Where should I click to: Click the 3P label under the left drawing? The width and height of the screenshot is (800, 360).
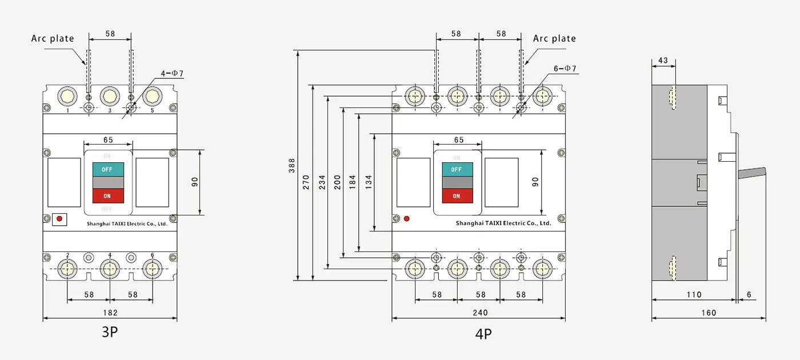(110, 332)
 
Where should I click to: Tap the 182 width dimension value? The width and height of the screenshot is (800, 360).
(110, 313)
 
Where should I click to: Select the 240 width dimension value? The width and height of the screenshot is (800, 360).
(480, 313)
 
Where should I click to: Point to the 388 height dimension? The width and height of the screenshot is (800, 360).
(293, 166)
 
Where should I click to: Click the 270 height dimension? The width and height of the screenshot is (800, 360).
(306, 182)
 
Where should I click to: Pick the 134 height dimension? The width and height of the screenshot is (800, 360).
(369, 182)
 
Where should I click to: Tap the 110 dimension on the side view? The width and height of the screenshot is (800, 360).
(693, 295)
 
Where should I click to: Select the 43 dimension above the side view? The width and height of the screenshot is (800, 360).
(663, 61)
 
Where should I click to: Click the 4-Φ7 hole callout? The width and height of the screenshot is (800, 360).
(172, 73)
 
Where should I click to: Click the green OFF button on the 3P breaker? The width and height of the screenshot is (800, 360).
(107, 170)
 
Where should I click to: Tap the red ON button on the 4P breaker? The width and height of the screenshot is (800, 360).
(457, 196)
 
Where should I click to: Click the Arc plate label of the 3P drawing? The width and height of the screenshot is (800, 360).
(53, 38)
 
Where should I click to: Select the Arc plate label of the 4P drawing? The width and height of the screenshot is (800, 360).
(554, 38)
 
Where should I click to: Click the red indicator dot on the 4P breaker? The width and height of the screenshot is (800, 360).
(406, 218)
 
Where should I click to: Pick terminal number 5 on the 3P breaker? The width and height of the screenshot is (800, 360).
(152, 110)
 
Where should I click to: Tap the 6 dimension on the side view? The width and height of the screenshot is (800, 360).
(749, 295)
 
